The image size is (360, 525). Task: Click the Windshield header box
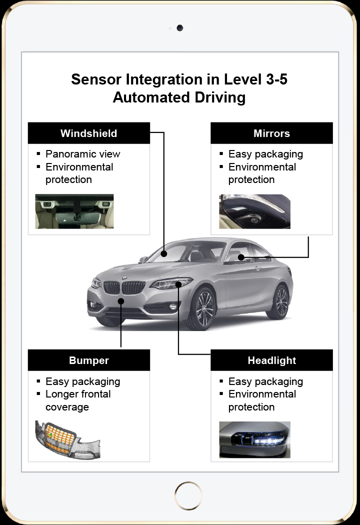click(x=88, y=133)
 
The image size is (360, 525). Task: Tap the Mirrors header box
click(x=271, y=133)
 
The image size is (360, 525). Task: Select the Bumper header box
click(x=88, y=360)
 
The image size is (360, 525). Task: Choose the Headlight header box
click(x=271, y=360)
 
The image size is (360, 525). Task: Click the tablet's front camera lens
click(x=180, y=28)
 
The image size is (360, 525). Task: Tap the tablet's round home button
click(x=188, y=495)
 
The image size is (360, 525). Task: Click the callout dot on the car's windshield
click(x=164, y=254)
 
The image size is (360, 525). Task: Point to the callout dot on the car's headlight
click(x=178, y=284)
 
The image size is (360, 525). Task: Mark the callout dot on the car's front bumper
click(x=121, y=301)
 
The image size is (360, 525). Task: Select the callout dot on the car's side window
click(x=241, y=257)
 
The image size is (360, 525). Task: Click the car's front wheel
click(x=202, y=308)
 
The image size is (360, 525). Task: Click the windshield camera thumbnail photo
click(x=74, y=211)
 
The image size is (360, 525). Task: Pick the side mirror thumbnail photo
click(x=254, y=211)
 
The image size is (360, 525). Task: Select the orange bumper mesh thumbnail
click(x=67, y=439)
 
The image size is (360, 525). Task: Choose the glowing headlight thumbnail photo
click(x=254, y=439)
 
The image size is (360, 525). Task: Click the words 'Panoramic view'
click(x=82, y=154)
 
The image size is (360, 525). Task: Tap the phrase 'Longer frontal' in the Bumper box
click(x=78, y=394)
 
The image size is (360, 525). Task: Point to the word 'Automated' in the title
click(x=151, y=97)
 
